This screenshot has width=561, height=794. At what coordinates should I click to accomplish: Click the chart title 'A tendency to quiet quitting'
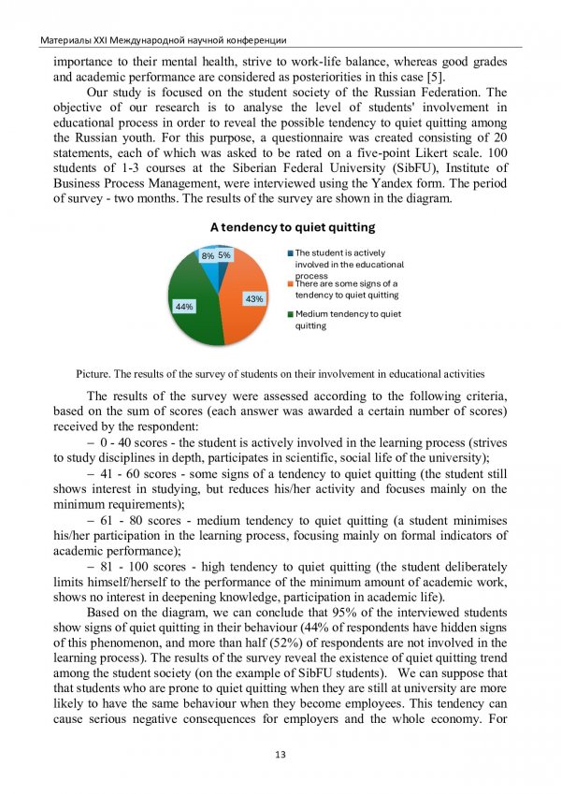click(x=292, y=227)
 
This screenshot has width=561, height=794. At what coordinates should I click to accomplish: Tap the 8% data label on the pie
click(x=207, y=254)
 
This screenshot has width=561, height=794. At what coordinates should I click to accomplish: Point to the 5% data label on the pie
click(x=224, y=254)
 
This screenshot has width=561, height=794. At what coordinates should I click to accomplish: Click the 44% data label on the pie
click(x=183, y=307)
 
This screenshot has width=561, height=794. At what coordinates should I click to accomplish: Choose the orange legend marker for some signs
click(x=291, y=283)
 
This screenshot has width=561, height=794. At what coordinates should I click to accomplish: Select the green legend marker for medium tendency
click(x=291, y=314)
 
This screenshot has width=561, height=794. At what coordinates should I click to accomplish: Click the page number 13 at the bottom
click(x=280, y=755)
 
